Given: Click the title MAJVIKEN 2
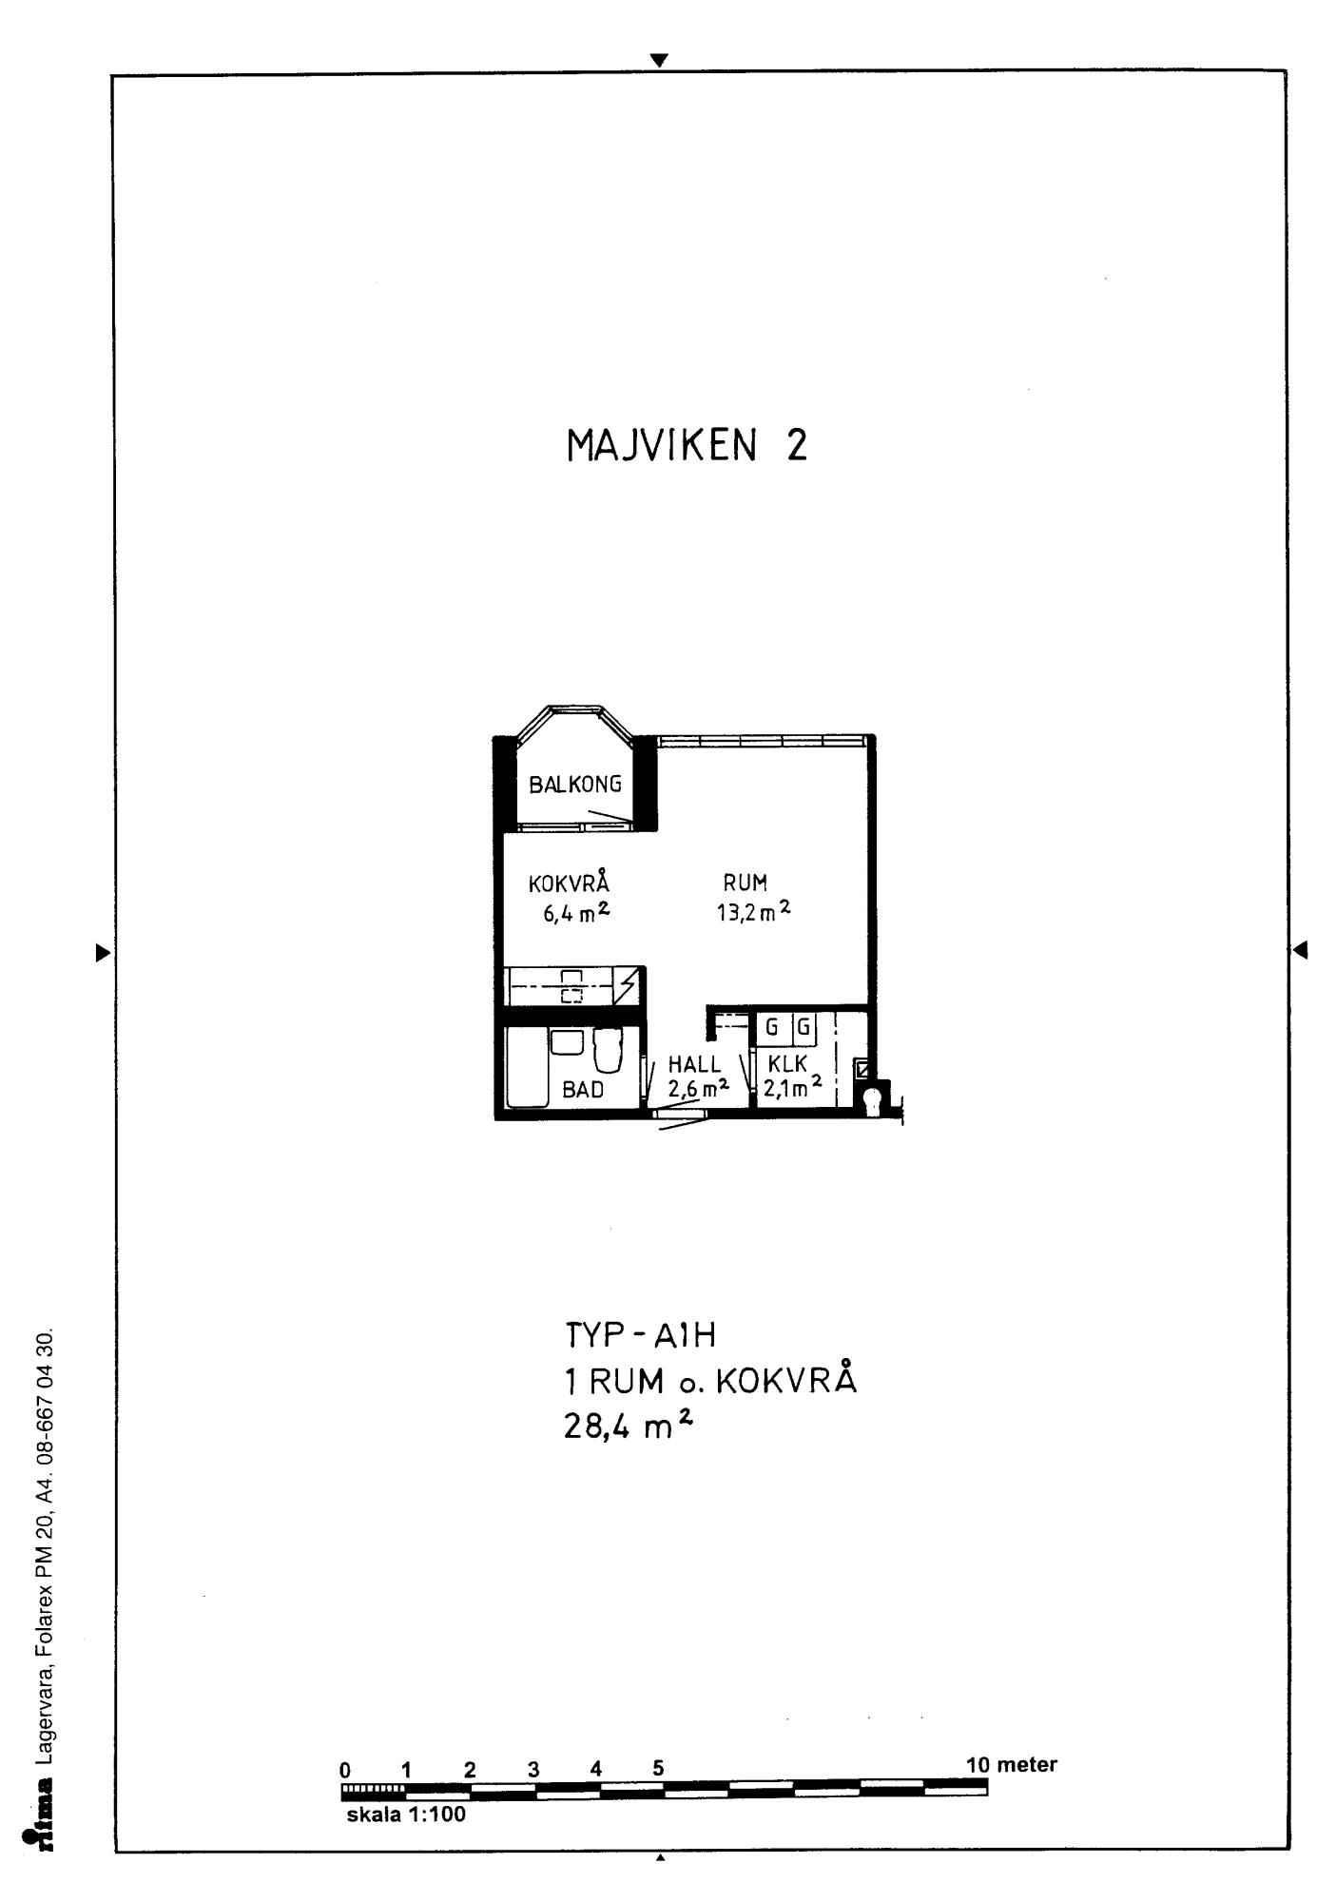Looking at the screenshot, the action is tap(687, 445).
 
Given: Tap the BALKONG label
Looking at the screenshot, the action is tap(575, 785).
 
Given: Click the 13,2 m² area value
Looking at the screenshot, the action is tap(754, 912).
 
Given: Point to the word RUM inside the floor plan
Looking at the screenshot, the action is tap(745, 883).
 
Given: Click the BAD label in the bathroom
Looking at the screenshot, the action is tap(583, 1090).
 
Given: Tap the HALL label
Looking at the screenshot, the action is tap(694, 1065).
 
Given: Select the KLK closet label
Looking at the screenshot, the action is tap(788, 1065).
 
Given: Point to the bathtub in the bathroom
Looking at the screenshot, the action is tap(528, 1066).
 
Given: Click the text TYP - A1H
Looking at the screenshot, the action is tap(640, 1335).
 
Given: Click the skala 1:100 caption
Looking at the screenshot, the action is tap(406, 1815).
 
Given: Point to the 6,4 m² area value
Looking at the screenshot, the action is tap(576, 914).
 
